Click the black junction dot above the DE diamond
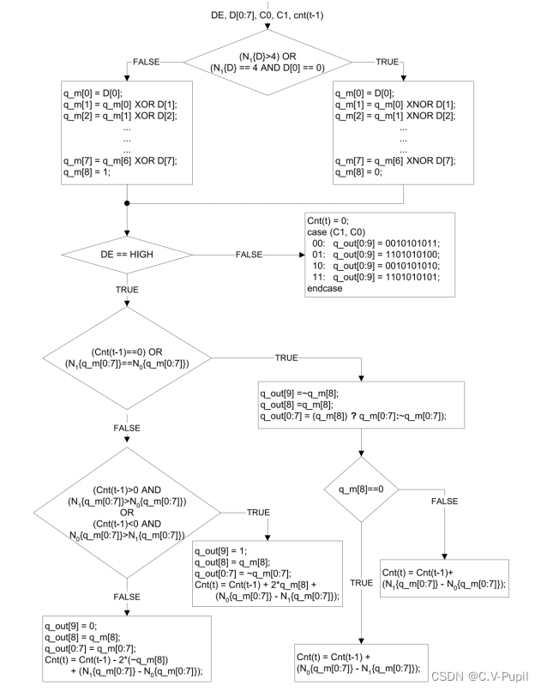(127, 203)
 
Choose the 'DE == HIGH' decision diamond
(127, 255)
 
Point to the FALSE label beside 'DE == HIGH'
(249, 255)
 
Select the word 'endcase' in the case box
(325, 289)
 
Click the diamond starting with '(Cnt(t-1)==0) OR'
(127, 358)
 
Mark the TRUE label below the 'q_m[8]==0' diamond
(361, 582)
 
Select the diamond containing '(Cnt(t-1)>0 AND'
(127, 512)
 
